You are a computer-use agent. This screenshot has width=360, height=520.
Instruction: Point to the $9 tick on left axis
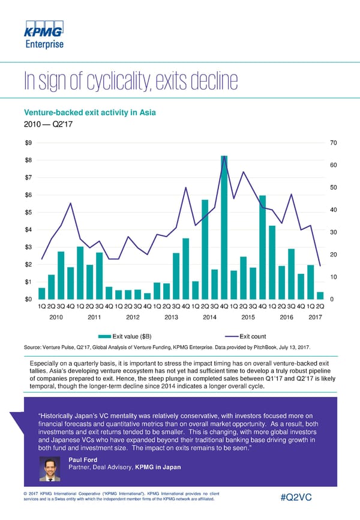(28, 142)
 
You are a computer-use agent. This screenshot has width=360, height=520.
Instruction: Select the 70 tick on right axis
(334, 143)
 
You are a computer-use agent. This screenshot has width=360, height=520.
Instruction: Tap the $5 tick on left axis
(28, 212)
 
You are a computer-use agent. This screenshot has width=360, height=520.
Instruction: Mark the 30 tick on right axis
(334, 232)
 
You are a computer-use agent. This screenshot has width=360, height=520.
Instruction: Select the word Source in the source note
(32, 348)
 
